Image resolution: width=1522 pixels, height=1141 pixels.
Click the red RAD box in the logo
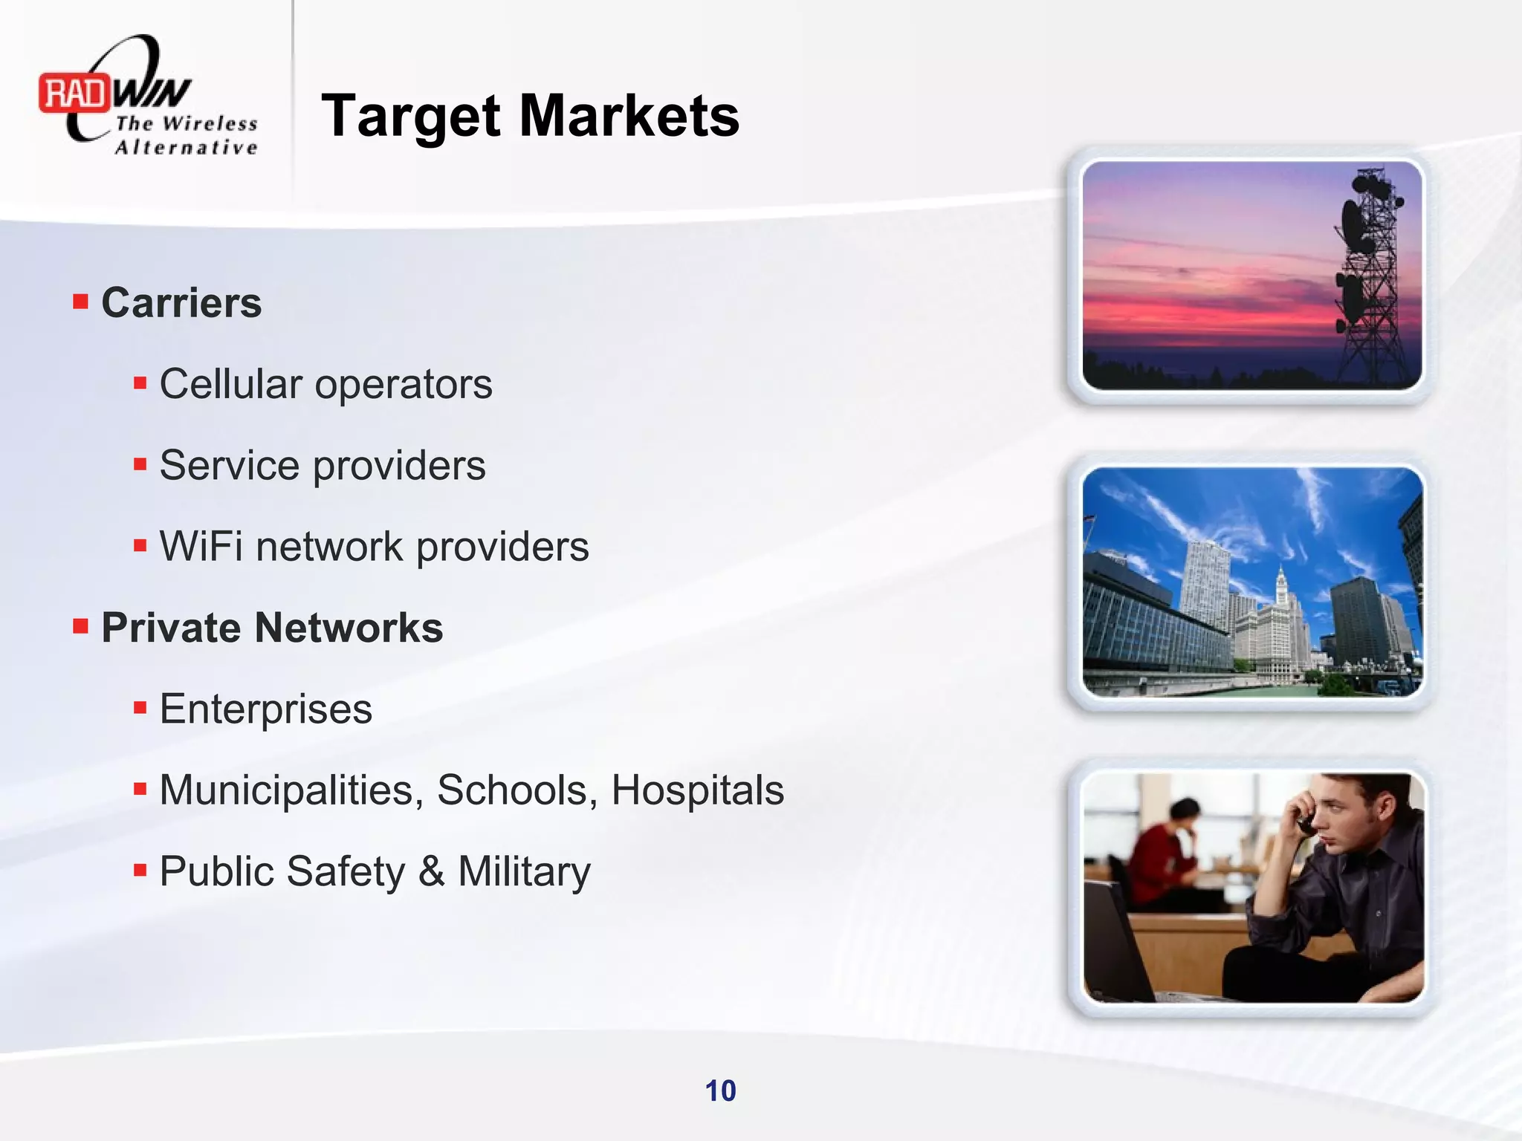tap(74, 94)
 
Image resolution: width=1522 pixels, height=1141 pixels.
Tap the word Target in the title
tap(412, 117)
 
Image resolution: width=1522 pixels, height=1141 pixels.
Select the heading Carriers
tap(181, 303)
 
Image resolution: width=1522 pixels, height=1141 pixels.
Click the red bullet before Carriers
tap(80, 302)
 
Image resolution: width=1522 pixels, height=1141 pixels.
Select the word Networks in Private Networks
tap(349, 628)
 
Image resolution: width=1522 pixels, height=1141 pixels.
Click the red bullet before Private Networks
tap(80, 627)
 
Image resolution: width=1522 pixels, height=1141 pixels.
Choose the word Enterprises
tap(265, 709)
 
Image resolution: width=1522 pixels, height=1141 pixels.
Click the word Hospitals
tap(697, 790)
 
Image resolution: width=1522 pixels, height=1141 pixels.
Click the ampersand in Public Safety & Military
tap(431, 871)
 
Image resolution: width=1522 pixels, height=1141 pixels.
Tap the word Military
tap(524, 872)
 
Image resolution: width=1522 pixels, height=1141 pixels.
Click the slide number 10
tap(720, 1090)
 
